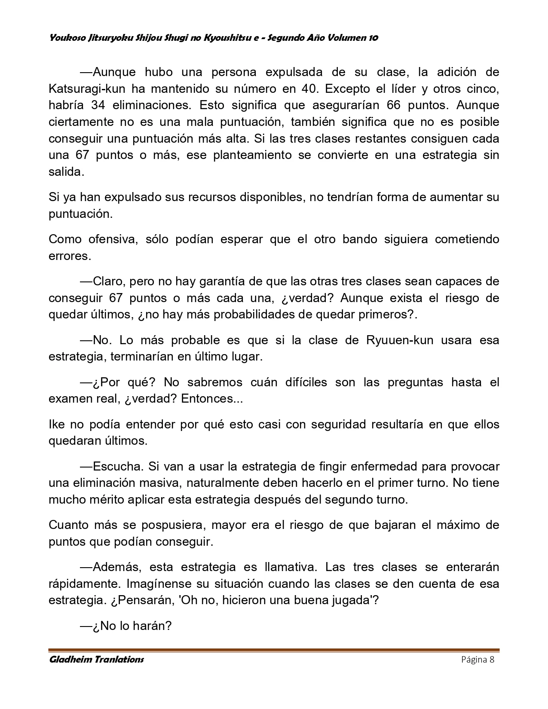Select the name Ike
56,424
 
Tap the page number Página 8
478,660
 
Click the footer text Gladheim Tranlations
97,660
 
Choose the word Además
117,567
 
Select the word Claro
108,281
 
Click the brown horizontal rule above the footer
274,650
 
